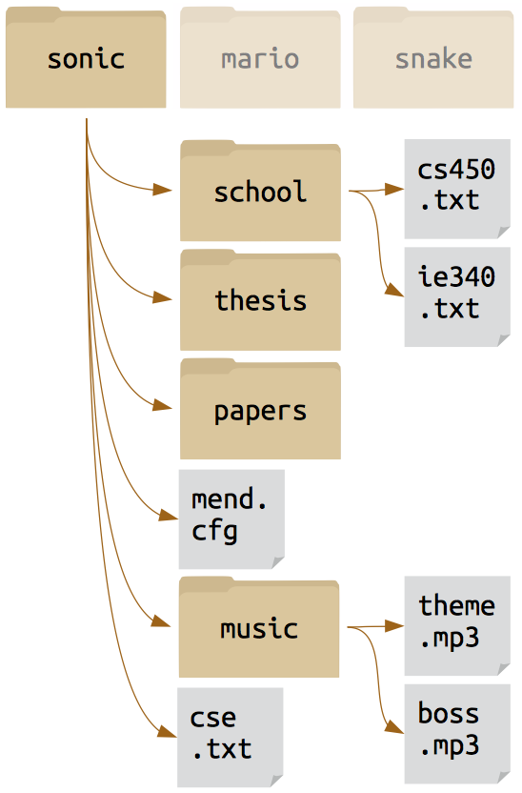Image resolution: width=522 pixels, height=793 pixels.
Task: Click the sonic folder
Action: [86, 57]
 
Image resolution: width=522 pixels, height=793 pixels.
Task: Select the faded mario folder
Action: [260, 57]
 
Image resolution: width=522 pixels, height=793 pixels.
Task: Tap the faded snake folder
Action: [433, 57]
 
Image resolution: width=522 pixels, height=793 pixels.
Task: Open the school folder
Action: [260, 191]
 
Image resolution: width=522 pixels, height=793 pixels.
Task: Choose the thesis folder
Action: [260, 300]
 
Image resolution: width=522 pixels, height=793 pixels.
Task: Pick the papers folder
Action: [260, 409]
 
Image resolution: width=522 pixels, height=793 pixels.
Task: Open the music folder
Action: [259, 627]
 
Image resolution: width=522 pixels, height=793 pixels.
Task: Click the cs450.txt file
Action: [457, 189]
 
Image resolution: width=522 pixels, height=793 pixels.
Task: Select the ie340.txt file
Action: [457, 296]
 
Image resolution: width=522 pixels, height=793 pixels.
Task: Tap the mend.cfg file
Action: [231, 519]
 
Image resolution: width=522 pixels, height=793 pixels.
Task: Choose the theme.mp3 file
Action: [457, 625]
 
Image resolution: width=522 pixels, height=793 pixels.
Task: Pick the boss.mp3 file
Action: [457, 734]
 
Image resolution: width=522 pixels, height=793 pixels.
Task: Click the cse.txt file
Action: [230, 738]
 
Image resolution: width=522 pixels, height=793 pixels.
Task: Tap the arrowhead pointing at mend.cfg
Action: [169, 515]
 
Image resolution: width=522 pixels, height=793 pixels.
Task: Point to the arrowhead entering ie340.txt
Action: [394, 291]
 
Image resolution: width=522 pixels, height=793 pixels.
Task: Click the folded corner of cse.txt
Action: [277, 781]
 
